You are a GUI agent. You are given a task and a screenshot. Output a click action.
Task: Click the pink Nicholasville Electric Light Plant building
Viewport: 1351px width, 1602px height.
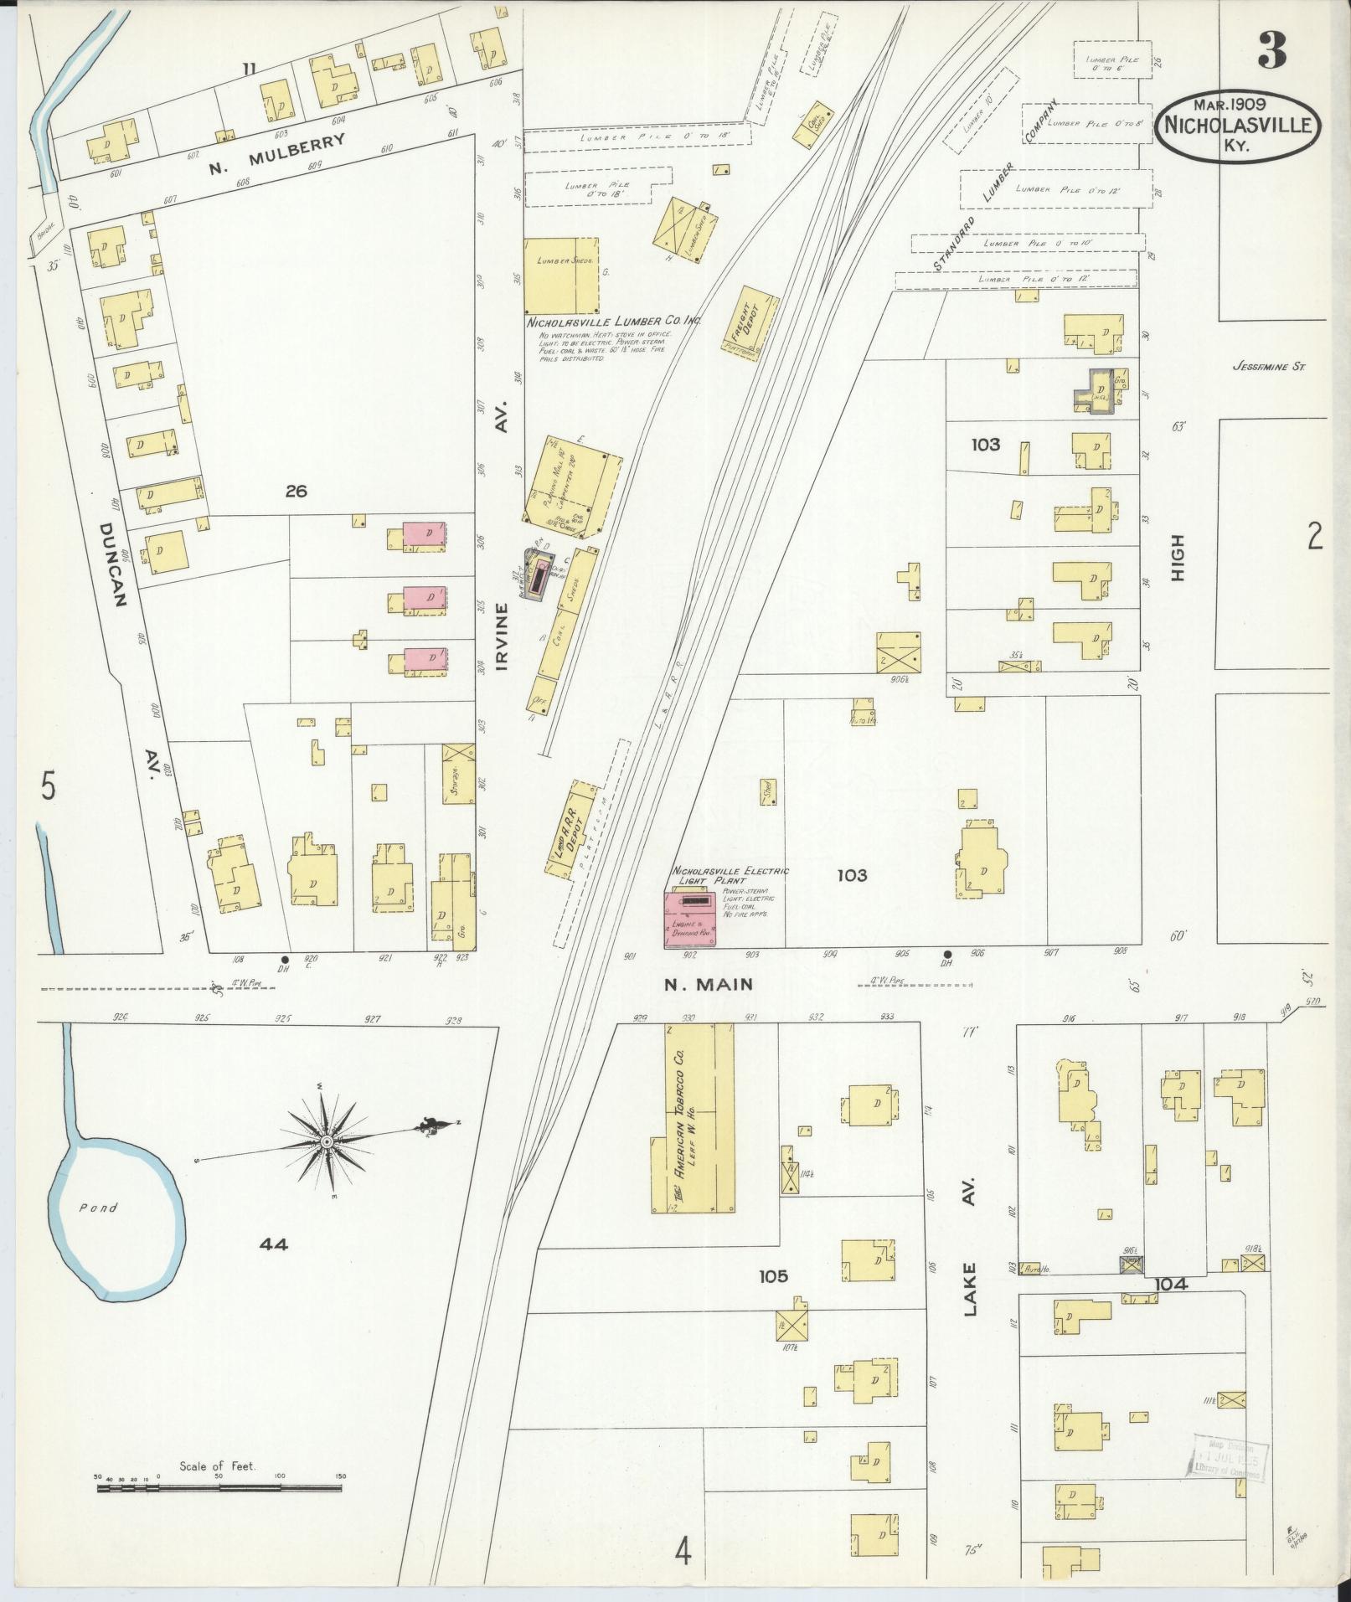click(x=689, y=919)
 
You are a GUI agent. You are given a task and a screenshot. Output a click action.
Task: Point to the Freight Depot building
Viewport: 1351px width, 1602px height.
click(x=750, y=323)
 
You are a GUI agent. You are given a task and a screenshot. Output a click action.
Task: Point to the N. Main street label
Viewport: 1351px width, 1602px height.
click(x=708, y=985)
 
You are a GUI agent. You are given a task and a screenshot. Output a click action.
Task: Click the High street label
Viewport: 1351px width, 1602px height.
click(x=1178, y=558)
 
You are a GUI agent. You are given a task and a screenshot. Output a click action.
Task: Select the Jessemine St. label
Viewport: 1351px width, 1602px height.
click(x=1269, y=366)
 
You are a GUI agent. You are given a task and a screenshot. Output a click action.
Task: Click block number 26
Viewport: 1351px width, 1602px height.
click(x=296, y=491)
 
